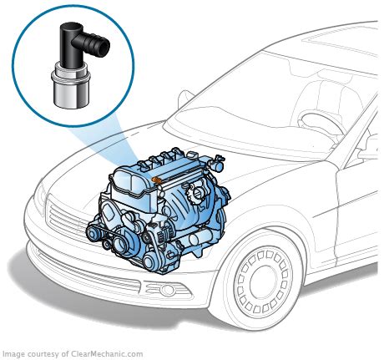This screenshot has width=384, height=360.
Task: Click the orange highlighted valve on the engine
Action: click(157, 180)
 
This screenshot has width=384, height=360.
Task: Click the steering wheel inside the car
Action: click(320, 123)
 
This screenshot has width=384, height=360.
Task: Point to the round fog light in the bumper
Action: click(168, 290)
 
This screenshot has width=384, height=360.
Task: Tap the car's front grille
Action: click(63, 219)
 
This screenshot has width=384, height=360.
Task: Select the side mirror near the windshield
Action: click(185, 99)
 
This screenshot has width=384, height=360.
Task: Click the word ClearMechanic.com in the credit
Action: click(107, 354)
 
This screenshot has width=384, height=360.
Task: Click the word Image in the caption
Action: click(12, 354)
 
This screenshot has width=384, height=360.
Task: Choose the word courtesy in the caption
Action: click(42, 354)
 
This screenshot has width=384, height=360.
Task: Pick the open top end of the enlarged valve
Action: click(68, 26)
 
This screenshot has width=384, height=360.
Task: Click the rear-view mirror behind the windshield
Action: click(331, 75)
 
